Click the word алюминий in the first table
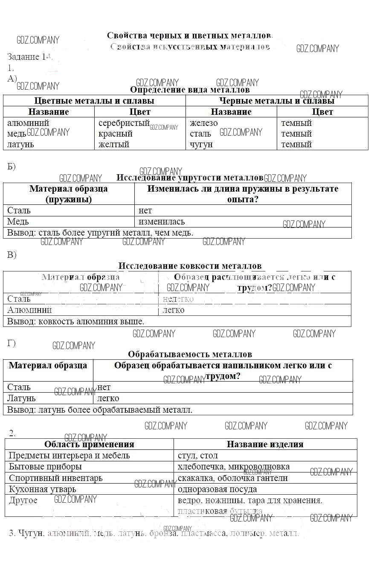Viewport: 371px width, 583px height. [x=28, y=123]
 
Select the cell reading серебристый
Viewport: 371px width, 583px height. [x=124, y=123]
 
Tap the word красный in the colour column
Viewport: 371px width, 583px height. [x=115, y=134]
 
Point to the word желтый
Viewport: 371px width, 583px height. [x=113, y=144]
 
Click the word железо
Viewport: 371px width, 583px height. [x=203, y=123]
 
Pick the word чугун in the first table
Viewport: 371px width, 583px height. [x=201, y=144]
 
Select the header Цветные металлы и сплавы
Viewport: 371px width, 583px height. [x=94, y=101]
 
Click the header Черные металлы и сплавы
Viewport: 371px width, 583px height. [x=276, y=101]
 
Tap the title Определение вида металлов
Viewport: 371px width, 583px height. [x=189, y=90]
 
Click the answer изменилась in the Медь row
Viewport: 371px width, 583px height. [x=162, y=222]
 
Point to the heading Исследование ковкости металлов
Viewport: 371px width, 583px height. [x=190, y=266]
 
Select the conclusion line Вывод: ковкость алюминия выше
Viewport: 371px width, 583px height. [x=76, y=321]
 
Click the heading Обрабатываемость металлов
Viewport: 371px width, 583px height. [x=190, y=354]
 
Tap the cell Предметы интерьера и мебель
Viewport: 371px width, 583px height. [x=69, y=455]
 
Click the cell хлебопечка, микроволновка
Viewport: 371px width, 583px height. [x=233, y=466]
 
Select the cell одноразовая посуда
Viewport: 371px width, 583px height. [x=217, y=489]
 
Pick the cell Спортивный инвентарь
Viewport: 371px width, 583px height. [x=55, y=478]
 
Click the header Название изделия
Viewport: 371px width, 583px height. [x=265, y=444]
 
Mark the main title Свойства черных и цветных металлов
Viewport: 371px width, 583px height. [x=189, y=35]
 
